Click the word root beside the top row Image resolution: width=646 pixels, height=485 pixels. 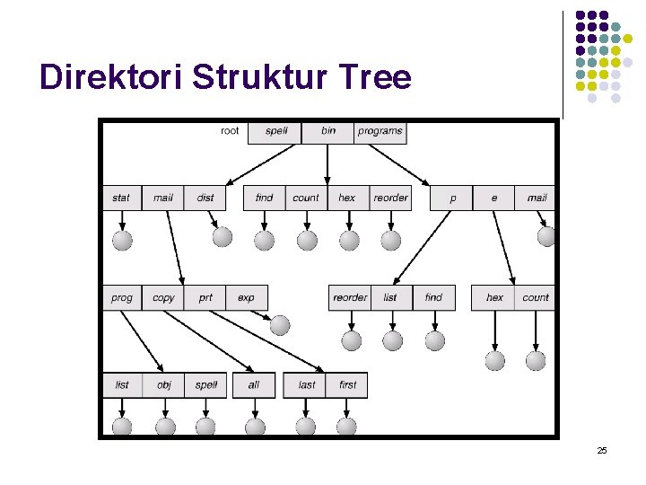coord(230,131)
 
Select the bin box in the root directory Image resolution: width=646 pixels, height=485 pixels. coord(328,131)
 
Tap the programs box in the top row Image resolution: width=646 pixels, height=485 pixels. coord(380,131)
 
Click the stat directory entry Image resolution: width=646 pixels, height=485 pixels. coord(121,198)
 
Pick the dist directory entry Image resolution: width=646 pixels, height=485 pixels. coord(205,198)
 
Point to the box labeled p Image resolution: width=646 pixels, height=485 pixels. coord(452,198)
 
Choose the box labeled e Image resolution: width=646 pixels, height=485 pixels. coord(494,198)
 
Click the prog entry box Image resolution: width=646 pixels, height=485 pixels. coord(122,297)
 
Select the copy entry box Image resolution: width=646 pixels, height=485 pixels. coord(164,297)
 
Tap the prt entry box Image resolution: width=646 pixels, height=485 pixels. coord(205,297)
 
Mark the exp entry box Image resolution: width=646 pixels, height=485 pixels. coord(246,297)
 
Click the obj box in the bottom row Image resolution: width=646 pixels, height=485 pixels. coord(164,384)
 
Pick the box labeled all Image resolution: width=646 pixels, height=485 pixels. coord(254,384)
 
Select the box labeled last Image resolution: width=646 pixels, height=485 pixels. coord(307,384)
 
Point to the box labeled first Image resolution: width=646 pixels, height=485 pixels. coord(348,384)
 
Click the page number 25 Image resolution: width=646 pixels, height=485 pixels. coord(602,450)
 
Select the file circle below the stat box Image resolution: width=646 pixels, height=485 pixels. coord(122,240)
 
